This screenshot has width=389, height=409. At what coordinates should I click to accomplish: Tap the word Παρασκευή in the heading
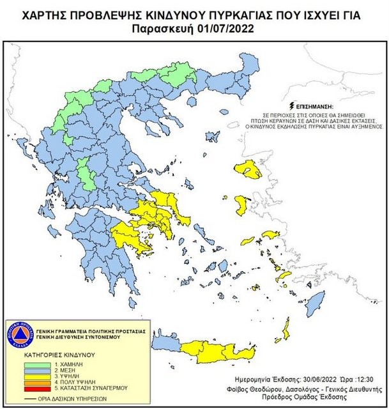click(165, 29)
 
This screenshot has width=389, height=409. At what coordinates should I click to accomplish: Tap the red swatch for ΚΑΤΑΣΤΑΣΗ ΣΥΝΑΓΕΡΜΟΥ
click(31, 387)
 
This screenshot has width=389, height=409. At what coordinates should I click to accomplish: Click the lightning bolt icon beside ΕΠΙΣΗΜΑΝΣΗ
click(293, 104)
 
